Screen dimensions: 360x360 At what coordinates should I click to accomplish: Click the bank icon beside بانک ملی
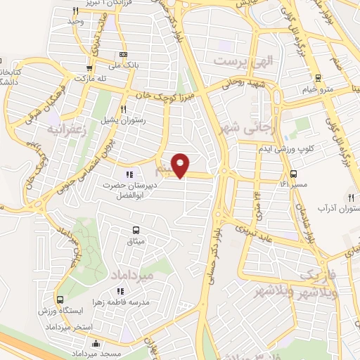click(x=124, y=55)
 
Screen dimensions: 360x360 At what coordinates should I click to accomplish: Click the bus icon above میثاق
click(x=136, y=229)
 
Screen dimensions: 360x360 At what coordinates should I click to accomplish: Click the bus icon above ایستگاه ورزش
click(x=59, y=300)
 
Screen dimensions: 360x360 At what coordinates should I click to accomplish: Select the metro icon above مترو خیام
click(x=319, y=78)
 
